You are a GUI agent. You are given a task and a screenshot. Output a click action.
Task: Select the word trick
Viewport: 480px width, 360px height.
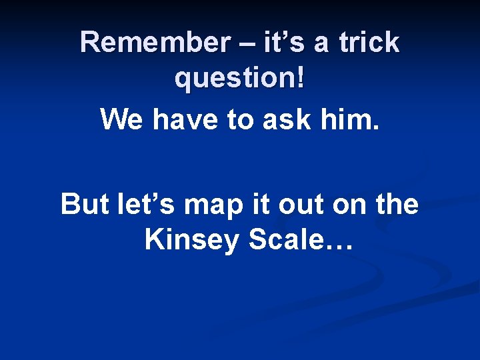pyautogui.click(x=368, y=43)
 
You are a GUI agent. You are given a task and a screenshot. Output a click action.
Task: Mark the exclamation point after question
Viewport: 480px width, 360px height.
pyautogui.click(x=301, y=79)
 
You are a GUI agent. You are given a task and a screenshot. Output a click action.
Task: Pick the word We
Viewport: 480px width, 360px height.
pyautogui.click(x=123, y=120)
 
